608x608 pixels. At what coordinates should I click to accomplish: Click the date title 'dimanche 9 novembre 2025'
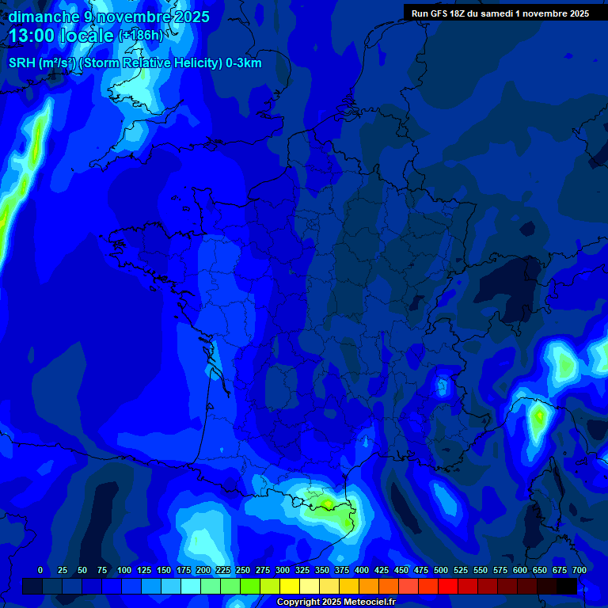click(109, 17)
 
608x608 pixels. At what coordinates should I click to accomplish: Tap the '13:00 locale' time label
click(61, 36)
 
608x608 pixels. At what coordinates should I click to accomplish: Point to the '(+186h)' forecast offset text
click(140, 36)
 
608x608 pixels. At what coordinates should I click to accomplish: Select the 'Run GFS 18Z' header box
click(500, 13)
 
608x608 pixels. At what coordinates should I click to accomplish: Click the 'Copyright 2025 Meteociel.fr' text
click(336, 602)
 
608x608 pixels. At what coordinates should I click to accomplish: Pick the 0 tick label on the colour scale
click(40, 570)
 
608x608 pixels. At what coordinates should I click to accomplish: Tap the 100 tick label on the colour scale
click(124, 570)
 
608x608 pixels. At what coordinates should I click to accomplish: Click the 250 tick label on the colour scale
click(243, 570)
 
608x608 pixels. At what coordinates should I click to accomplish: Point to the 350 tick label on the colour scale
click(322, 570)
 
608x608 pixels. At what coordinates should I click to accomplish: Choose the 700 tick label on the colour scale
click(579, 570)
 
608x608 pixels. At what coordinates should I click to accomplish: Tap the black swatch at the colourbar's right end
click(567, 587)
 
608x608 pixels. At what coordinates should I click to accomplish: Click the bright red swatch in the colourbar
click(448, 587)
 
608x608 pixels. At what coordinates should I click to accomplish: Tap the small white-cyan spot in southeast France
click(443, 386)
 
